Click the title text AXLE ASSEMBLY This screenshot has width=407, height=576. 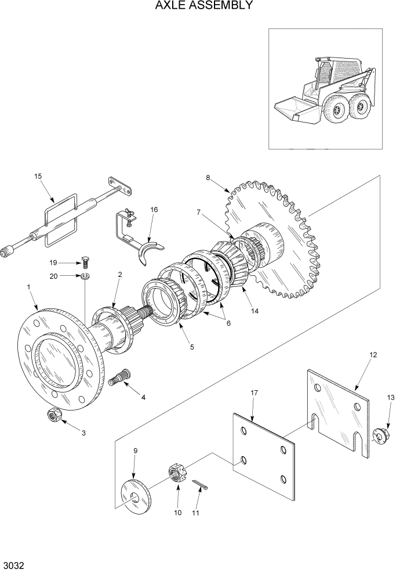point(203,6)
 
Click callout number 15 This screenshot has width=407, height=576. point(38,177)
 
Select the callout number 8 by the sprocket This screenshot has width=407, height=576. point(208,178)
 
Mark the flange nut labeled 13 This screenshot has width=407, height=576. point(380,434)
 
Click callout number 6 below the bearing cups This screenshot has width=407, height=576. point(228,323)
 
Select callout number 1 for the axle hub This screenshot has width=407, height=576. point(28,287)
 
